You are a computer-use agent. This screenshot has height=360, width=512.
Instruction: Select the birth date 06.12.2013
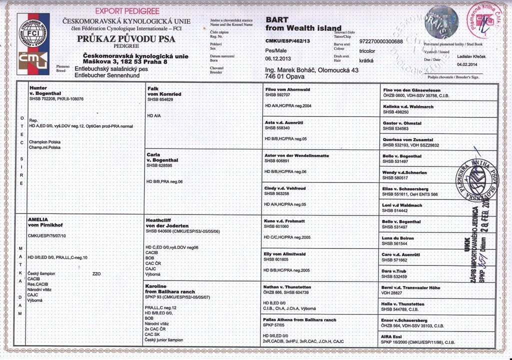pyautogui.click(x=279, y=58)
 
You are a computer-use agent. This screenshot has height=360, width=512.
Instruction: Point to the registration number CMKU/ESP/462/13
pyautogui.click(x=288, y=40)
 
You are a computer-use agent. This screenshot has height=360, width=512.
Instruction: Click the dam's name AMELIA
pyautogui.click(x=39, y=219)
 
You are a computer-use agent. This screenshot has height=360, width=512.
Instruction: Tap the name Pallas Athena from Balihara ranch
pyautogui.click(x=300, y=319)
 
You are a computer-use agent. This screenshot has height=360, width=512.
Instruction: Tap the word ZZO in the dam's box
pyautogui.click(x=97, y=274)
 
